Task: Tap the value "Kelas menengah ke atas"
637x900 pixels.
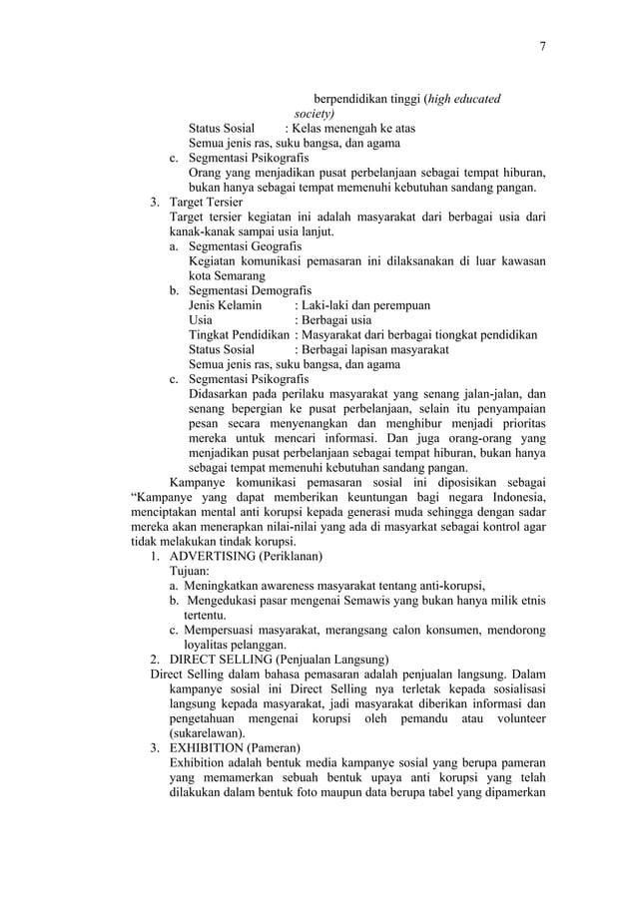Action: coord(354,129)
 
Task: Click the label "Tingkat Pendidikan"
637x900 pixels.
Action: coord(240,334)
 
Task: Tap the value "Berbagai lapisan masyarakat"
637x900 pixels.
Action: coord(374,349)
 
